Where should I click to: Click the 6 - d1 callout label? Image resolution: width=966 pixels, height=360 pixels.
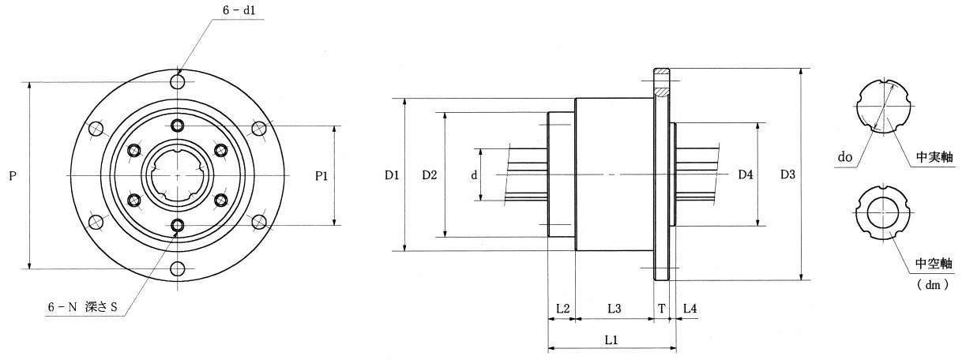tap(239, 10)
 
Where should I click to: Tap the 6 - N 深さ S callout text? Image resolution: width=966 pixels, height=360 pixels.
tap(82, 307)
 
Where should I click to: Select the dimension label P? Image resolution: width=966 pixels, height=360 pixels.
tap(13, 176)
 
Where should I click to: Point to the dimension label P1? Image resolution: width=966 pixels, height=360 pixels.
tap(321, 176)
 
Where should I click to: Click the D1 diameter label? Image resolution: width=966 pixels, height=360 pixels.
tap(392, 175)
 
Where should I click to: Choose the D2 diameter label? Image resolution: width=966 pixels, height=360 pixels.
tap(430, 175)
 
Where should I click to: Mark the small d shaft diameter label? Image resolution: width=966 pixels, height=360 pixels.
tap(475, 175)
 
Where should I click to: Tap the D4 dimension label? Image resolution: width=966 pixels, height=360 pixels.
tap(746, 174)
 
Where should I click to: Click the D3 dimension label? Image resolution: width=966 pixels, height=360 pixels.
tap(788, 174)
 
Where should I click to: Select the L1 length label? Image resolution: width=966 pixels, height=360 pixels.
tap(611, 340)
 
